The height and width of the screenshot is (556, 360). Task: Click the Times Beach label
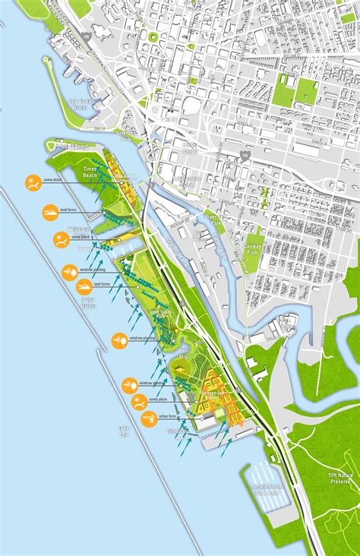point(90,172)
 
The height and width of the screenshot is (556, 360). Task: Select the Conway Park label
point(256,245)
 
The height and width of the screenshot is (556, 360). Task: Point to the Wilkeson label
point(79,229)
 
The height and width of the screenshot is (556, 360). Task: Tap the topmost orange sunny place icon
point(33,182)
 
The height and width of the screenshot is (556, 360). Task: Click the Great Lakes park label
point(162,314)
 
